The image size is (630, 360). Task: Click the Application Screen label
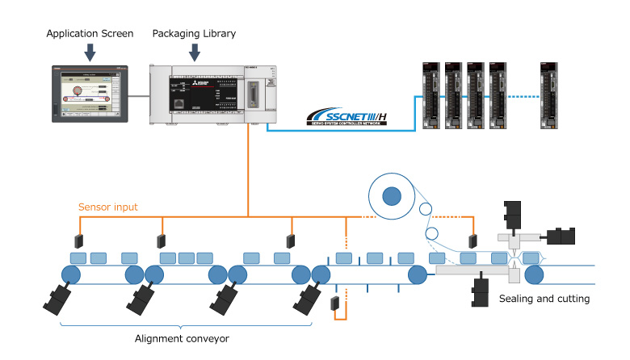[90, 33]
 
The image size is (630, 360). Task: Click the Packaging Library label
[194, 33]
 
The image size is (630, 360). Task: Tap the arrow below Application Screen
[90, 52]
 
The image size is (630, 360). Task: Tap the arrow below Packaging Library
[194, 52]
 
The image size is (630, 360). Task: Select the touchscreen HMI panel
[90, 93]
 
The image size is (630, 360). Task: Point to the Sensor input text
[107, 207]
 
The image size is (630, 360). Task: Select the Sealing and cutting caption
[544, 299]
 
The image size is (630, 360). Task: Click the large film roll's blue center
[392, 196]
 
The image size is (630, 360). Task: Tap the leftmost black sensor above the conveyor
[80, 241]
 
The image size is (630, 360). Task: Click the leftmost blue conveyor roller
[70, 275]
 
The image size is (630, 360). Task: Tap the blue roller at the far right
[534, 275]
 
